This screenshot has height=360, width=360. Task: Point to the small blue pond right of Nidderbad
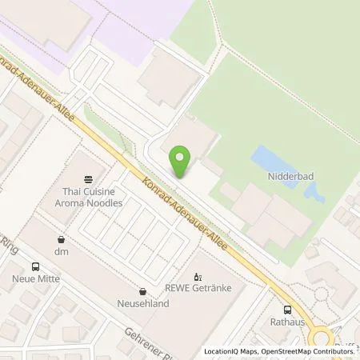311,191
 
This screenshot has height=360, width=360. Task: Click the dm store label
62,252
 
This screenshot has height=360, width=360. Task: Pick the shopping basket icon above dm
62,239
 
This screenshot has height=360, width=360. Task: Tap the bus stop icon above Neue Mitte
34,266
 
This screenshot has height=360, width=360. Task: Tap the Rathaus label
286,322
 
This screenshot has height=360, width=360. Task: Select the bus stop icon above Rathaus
286,310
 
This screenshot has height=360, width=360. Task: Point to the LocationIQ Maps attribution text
231,351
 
